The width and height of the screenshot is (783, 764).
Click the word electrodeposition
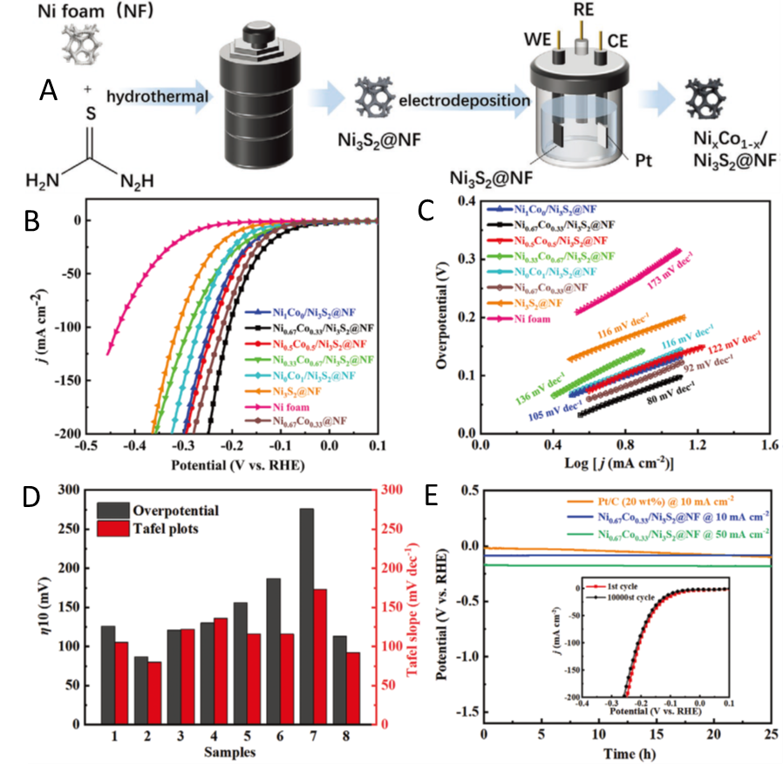466,102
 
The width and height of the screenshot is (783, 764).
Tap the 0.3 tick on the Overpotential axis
463,259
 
